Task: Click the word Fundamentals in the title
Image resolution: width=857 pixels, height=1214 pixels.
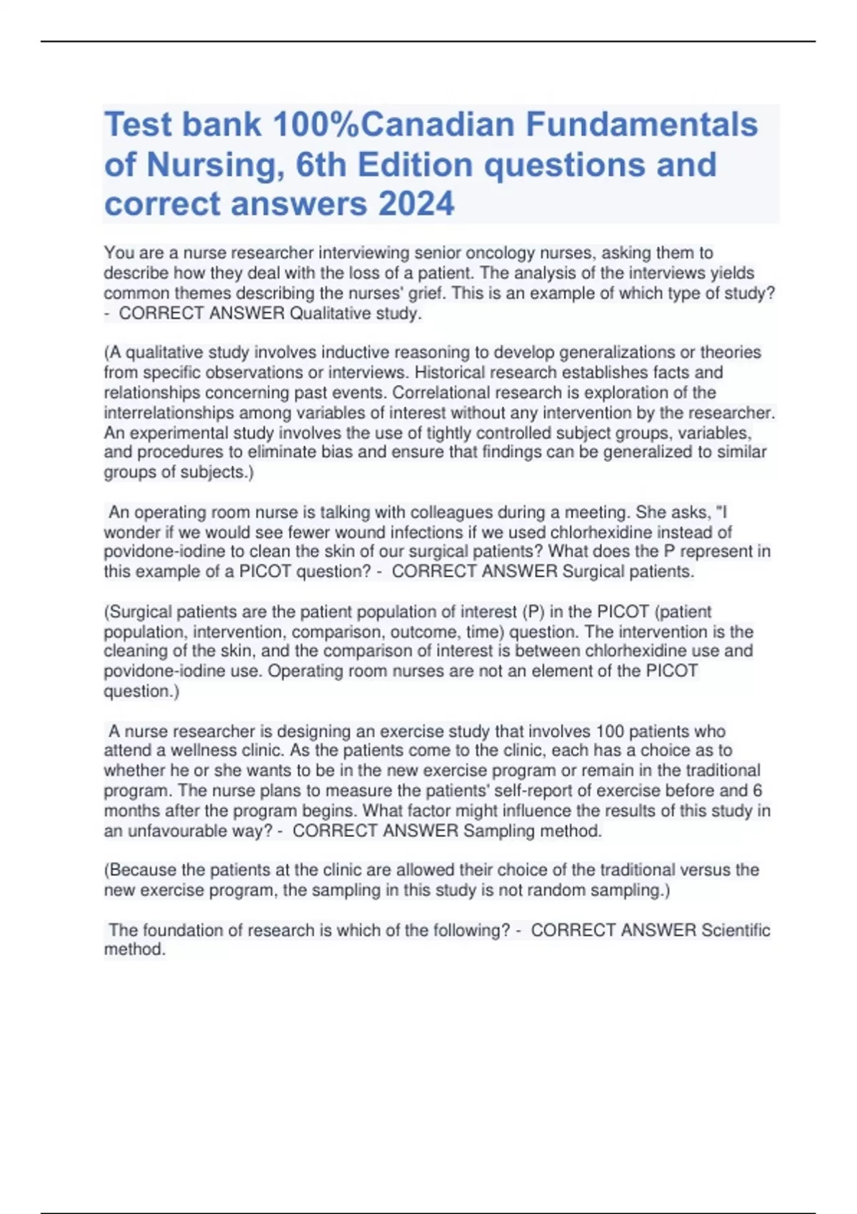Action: click(642, 125)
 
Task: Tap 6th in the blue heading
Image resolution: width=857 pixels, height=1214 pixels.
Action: click(317, 165)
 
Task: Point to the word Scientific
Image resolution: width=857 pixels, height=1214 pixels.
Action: click(735, 930)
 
